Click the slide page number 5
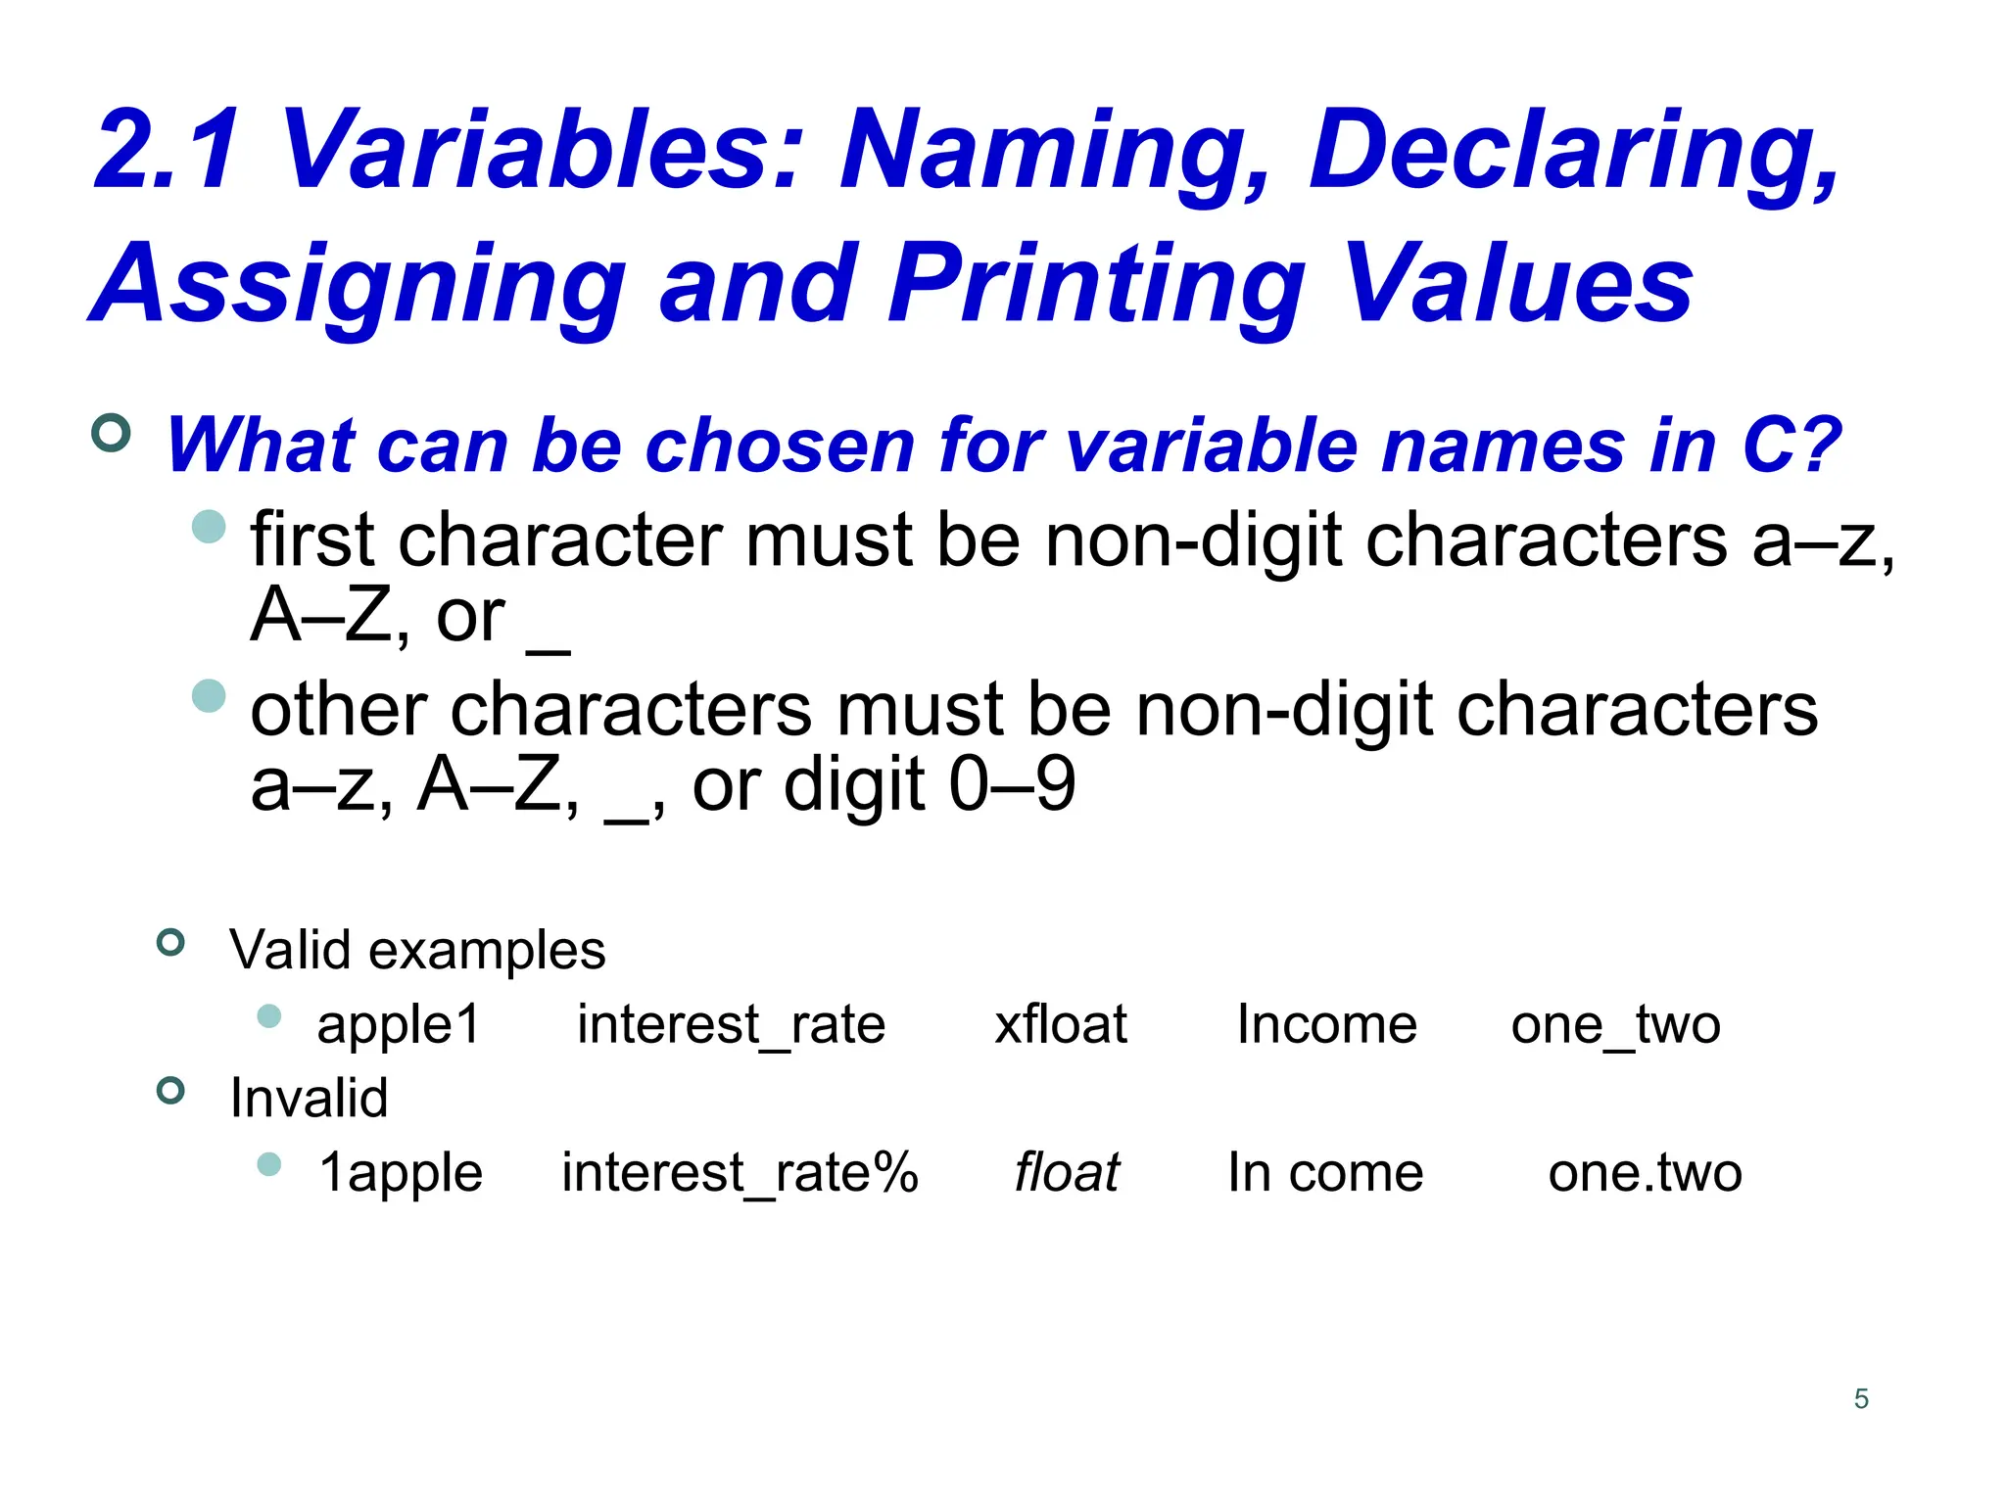(x=1861, y=1398)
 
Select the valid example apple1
(x=399, y=1025)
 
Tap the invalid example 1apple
(x=401, y=1173)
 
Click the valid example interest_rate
(x=731, y=1025)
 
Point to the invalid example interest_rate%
(x=740, y=1173)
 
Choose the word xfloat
(x=1061, y=1025)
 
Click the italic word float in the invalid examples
(x=1066, y=1173)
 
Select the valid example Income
(x=1326, y=1025)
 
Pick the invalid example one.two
(x=1645, y=1173)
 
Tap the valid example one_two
(x=1615, y=1025)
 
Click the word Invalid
(x=309, y=1098)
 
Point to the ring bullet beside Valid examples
(x=170, y=943)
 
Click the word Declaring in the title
(x=1573, y=152)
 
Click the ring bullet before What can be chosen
(x=111, y=433)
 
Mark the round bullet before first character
(x=209, y=526)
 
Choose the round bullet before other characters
(x=209, y=696)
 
